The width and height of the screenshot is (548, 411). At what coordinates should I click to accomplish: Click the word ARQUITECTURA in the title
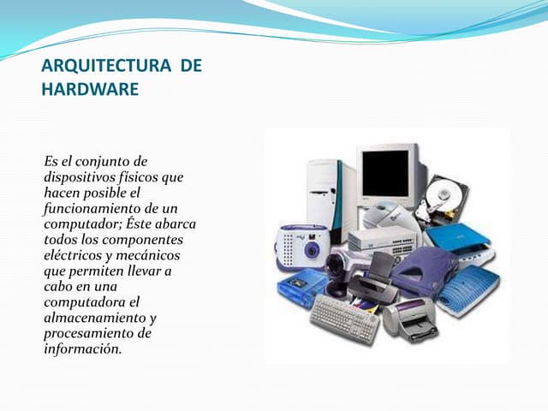[106, 66]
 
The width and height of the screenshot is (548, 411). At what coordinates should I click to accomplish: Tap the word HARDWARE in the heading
[90, 89]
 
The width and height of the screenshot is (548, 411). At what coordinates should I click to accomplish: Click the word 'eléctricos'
[73, 255]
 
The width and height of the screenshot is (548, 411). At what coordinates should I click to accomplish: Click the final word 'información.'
[83, 348]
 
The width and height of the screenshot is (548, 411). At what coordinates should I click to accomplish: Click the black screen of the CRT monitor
[385, 173]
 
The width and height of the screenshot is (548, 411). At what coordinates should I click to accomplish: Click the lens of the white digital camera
[311, 250]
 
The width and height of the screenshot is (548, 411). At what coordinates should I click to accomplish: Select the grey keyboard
[343, 319]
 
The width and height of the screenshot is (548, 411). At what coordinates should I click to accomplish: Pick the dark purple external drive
[424, 271]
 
